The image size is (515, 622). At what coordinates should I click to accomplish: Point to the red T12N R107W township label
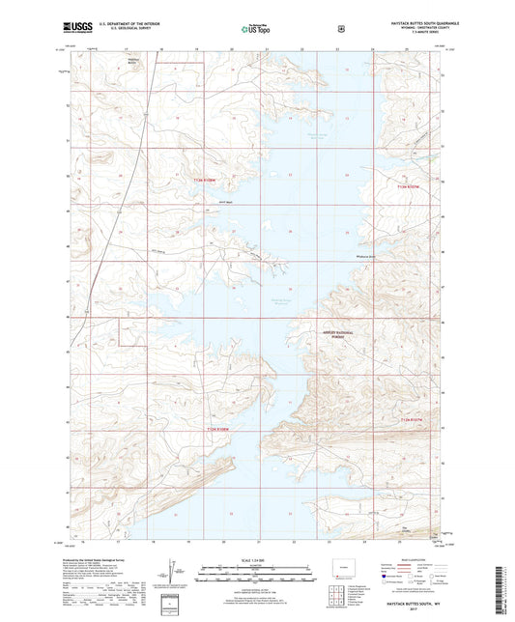coord(413,419)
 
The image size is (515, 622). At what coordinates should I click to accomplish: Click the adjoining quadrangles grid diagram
coord(355,586)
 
